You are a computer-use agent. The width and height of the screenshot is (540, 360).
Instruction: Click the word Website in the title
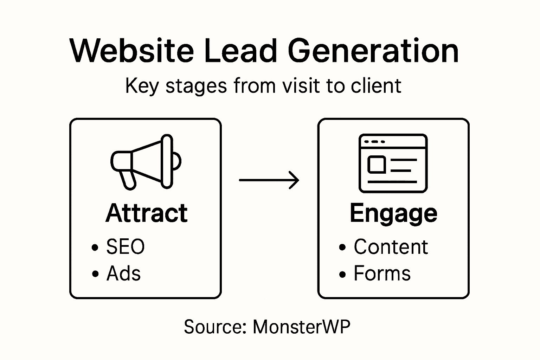tap(131, 51)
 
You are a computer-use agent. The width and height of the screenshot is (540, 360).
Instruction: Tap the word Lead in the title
tap(241, 51)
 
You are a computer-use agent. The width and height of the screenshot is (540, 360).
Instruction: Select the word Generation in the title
tap(373, 51)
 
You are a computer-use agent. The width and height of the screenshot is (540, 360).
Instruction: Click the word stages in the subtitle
tap(196, 86)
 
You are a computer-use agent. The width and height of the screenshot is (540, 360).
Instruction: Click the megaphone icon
tap(146, 161)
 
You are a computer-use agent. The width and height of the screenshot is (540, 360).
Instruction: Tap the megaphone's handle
tap(127, 179)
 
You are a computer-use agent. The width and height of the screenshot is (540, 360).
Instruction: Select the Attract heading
tap(147, 213)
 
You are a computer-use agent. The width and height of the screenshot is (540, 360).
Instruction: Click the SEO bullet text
tap(125, 246)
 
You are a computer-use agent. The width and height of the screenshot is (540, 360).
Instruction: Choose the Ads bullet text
tap(123, 273)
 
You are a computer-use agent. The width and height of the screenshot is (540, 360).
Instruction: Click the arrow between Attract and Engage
tap(269, 180)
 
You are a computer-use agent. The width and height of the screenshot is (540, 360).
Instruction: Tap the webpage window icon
tap(393, 163)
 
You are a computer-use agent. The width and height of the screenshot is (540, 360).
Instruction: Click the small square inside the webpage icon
tap(377, 165)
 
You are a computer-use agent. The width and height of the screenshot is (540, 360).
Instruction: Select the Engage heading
tap(393, 214)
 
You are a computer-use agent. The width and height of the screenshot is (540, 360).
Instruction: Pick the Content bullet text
tap(391, 246)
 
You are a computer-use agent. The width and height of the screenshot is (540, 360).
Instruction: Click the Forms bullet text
tap(382, 273)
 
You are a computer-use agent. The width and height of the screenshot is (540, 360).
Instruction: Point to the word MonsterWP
tap(301, 327)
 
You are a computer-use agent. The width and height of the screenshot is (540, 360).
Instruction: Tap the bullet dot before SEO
tap(95, 247)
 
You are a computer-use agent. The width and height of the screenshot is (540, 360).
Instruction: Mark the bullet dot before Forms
tap(342, 274)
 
